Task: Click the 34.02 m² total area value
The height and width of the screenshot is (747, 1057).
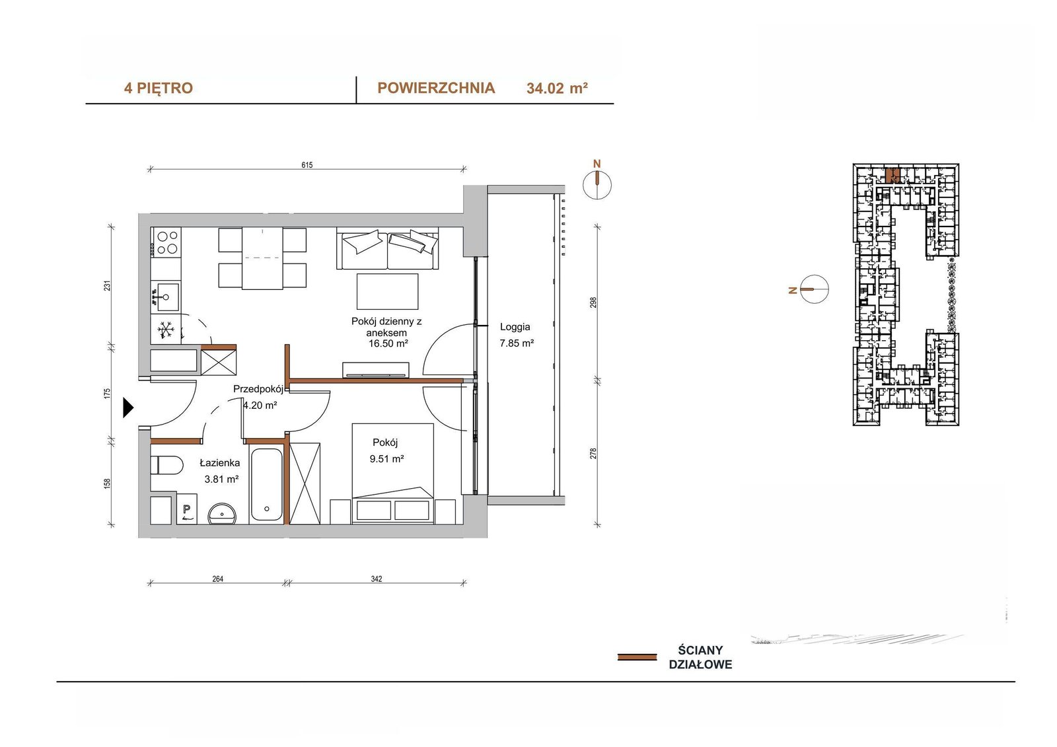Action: pyautogui.click(x=557, y=89)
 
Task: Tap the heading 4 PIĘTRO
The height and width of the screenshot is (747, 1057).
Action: pyautogui.click(x=159, y=89)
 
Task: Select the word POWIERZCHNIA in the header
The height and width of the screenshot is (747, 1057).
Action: pyautogui.click(x=436, y=88)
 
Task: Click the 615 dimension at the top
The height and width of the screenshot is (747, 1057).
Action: pyautogui.click(x=307, y=164)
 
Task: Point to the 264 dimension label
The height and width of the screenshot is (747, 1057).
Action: pyautogui.click(x=217, y=579)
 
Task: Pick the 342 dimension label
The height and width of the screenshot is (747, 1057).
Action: pyautogui.click(x=376, y=579)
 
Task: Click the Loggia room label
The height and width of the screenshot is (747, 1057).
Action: pyautogui.click(x=515, y=326)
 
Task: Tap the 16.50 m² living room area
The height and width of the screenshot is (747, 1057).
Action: pyautogui.click(x=388, y=343)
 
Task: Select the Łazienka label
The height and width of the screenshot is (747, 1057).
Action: pyautogui.click(x=219, y=463)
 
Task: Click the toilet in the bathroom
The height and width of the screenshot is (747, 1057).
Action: pyautogui.click(x=166, y=465)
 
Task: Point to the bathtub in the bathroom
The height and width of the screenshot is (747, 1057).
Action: pyautogui.click(x=267, y=484)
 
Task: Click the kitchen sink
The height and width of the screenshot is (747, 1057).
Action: pyautogui.click(x=166, y=297)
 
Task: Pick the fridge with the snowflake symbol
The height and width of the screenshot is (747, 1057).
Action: pyautogui.click(x=166, y=329)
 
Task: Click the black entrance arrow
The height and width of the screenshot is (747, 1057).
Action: pyautogui.click(x=128, y=408)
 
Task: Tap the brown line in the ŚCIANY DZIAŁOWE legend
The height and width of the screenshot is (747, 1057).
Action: pyautogui.click(x=637, y=657)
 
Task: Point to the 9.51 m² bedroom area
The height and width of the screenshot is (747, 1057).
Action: pyautogui.click(x=386, y=458)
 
